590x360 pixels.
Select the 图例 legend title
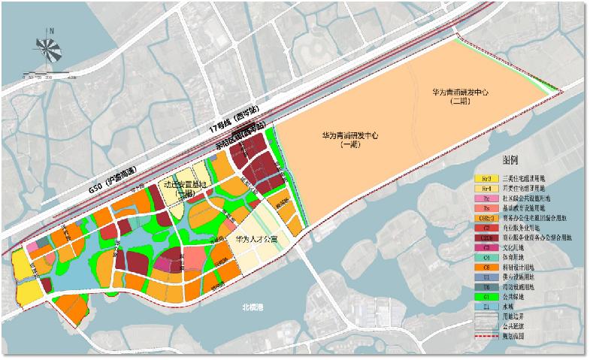pos(511,162)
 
